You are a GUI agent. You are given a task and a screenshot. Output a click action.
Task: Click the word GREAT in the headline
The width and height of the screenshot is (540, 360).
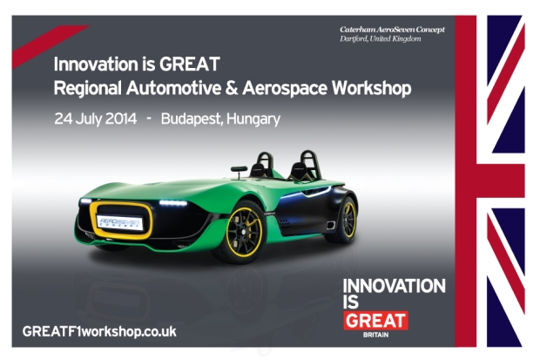coord(189,65)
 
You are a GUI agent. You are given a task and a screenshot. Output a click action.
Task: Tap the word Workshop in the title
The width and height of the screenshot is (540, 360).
coord(372,89)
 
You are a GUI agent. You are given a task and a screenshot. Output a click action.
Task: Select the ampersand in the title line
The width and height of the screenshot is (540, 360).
coord(232,88)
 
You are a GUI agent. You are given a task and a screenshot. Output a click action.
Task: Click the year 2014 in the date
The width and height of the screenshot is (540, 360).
coord(120,119)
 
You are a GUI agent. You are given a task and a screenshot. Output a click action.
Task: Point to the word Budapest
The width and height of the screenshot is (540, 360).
coord(192,119)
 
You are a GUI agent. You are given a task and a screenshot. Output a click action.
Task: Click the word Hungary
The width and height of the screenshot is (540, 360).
coord(253,119)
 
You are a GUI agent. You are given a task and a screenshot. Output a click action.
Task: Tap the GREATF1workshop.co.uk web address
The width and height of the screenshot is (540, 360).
coord(99,332)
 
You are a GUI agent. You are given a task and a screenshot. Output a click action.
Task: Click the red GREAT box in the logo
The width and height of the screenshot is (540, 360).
coord(375,321)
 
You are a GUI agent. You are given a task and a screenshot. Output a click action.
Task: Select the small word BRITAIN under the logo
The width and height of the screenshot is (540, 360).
coord(375,335)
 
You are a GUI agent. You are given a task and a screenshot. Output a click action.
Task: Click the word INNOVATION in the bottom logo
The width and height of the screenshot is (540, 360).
coord(394,286)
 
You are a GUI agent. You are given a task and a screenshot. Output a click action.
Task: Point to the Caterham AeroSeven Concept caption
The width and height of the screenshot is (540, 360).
coord(392,30)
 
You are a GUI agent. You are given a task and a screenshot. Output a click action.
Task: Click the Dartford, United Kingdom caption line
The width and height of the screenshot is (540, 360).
coord(381,38)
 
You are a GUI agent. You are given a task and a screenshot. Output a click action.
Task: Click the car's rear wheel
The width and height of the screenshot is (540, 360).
coord(346,221)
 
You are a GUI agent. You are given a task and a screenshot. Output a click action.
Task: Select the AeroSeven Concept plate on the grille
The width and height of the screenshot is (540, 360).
coord(119,222)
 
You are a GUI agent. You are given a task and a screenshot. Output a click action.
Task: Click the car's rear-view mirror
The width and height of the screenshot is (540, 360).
coord(239,169)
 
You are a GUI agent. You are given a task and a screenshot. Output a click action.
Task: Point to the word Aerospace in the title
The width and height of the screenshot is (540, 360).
coord(285,89)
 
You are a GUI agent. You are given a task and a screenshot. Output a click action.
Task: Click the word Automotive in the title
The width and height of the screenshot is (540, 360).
coord(173,88)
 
